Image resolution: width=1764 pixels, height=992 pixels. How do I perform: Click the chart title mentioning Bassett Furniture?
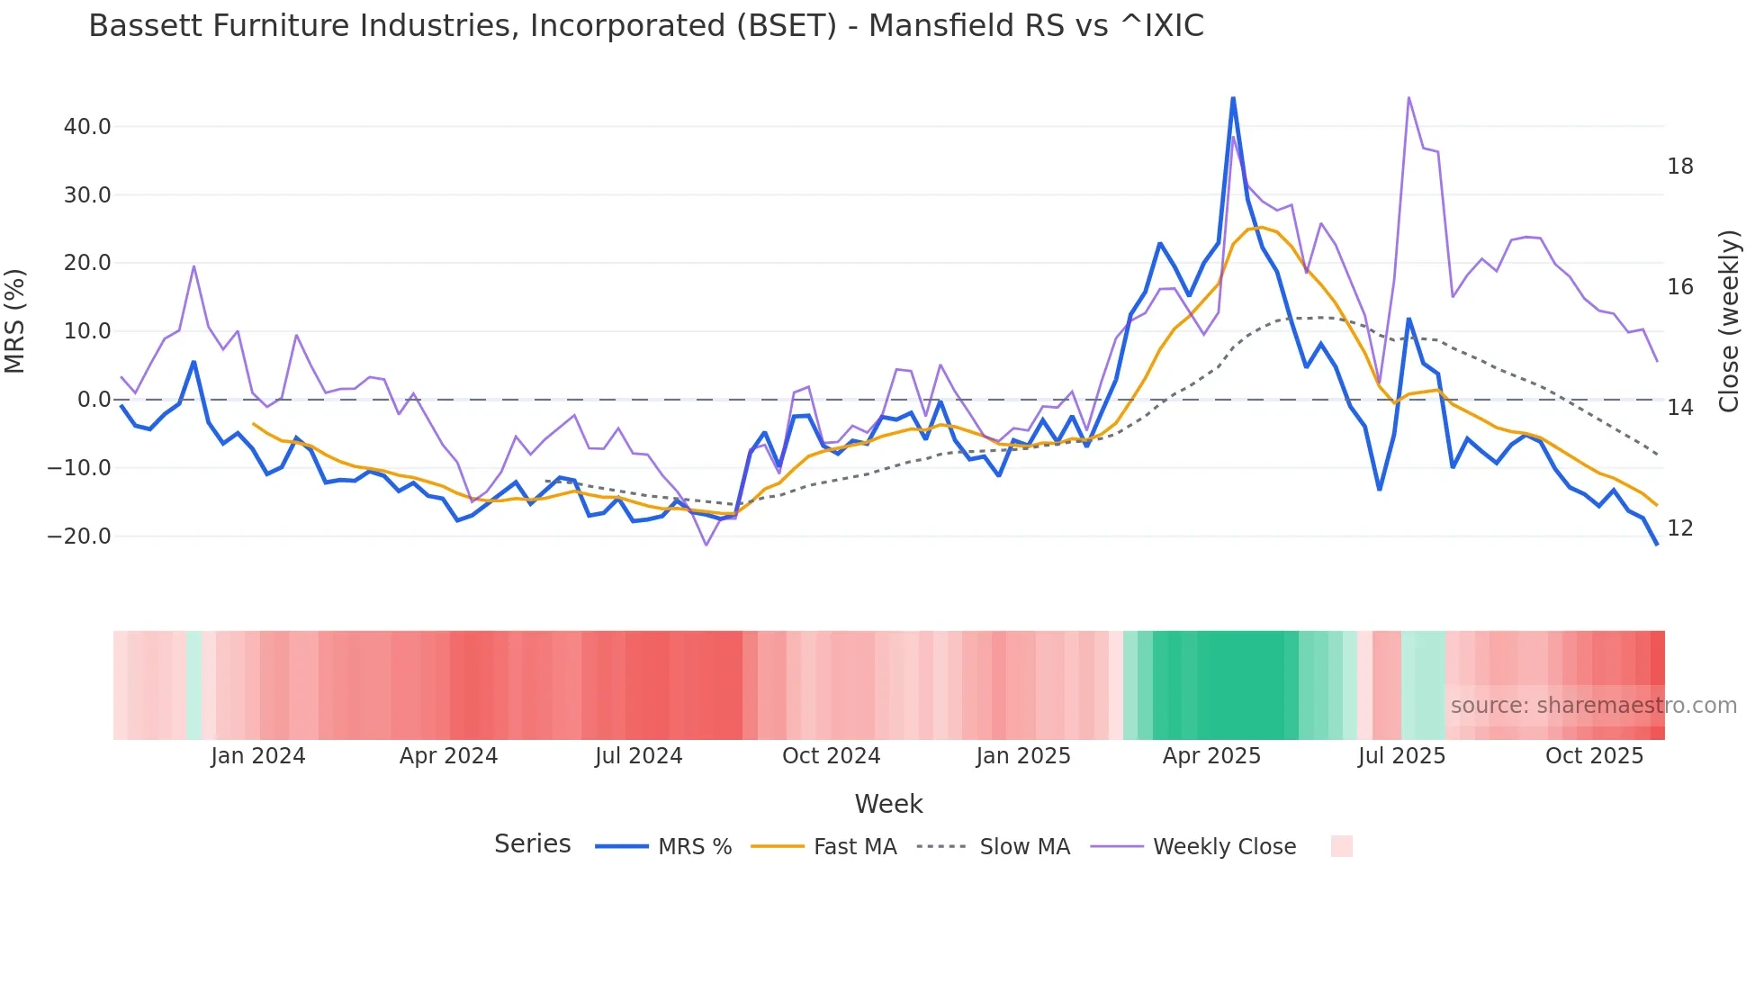tap(645, 26)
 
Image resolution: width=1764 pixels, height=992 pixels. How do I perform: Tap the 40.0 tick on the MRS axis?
tap(87, 127)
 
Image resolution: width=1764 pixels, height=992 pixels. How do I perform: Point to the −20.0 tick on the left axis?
tap(79, 537)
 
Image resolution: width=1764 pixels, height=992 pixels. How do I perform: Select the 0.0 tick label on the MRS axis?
tap(94, 400)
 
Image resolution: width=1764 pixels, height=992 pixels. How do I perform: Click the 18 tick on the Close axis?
tap(1679, 167)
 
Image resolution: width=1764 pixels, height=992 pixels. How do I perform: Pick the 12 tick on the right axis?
tap(1679, 528)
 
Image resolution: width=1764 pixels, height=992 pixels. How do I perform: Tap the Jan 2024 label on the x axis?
tap(258, 756)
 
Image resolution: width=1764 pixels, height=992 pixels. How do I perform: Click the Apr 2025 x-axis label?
tap(1211, 756)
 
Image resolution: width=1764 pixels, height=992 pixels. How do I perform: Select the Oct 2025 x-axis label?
tap(1594, 756)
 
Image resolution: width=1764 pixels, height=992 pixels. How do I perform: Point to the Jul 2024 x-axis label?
tap(639, 756)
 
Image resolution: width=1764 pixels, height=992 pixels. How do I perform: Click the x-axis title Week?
tap(888, 804)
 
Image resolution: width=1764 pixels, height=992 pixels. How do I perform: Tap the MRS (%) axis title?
tap(15, 320)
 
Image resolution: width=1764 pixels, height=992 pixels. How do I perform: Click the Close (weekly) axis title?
tap(1728, 321)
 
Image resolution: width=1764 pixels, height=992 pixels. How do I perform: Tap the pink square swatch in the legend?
tap(1341, 846)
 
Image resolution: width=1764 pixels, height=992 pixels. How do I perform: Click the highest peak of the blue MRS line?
tap(1233, 98)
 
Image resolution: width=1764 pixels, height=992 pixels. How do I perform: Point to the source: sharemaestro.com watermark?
tap(1593, 706)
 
